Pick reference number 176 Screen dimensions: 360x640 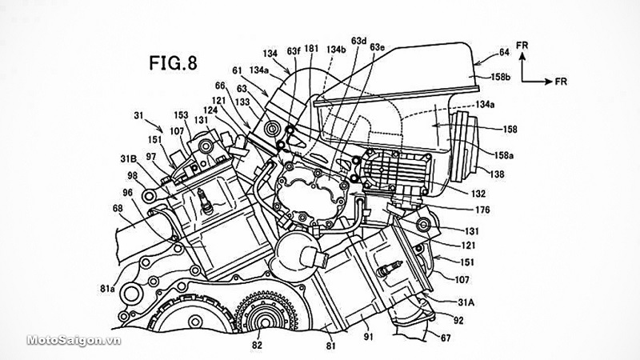click(x=483, y=211)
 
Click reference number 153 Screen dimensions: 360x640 click(x=182, y=114)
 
